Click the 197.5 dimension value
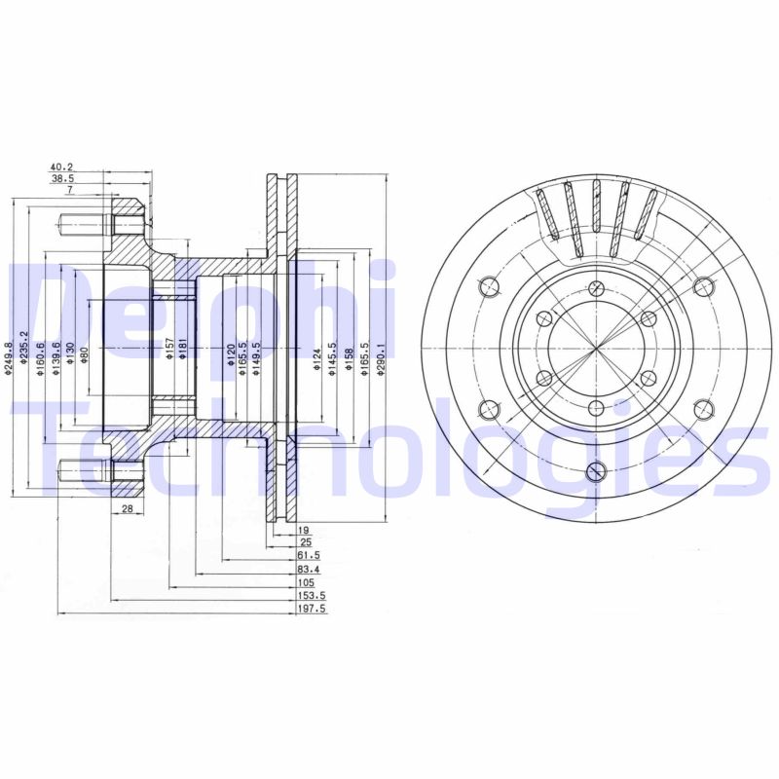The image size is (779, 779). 312,609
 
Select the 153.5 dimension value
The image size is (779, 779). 312,595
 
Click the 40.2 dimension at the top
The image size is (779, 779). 62,166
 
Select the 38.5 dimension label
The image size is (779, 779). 62,179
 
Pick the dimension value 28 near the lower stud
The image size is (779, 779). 127,509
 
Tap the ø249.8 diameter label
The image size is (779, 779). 9,357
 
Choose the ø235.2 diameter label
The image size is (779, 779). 24,357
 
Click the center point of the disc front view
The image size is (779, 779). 594,348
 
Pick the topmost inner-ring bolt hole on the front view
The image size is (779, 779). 594,287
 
